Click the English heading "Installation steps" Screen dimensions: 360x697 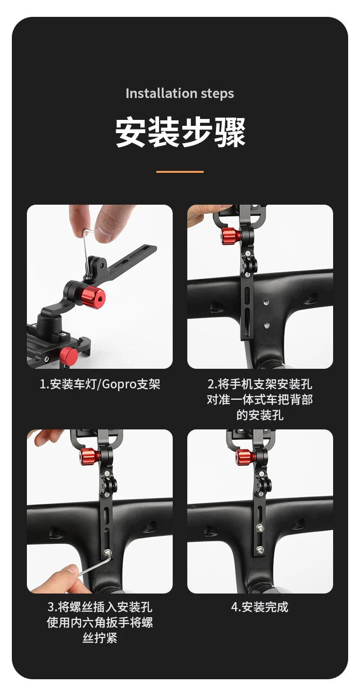(x=180, y=93)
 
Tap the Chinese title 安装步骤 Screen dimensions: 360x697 (x=180, y=132)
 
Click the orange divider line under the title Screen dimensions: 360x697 (x=180, y=171)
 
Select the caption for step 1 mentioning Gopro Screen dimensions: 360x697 (x=100, y=384)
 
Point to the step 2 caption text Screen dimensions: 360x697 (x=260, y=399)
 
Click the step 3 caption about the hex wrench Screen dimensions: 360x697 (x=100, y=622)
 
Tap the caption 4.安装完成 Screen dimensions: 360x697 (x=260, y=607)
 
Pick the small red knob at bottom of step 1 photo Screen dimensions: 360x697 (x=68, y=354)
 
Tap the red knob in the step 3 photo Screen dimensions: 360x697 (x=89, y=456)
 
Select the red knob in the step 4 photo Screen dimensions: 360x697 (x=246, y=457)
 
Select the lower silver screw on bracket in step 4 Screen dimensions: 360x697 (x=259, y=551)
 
